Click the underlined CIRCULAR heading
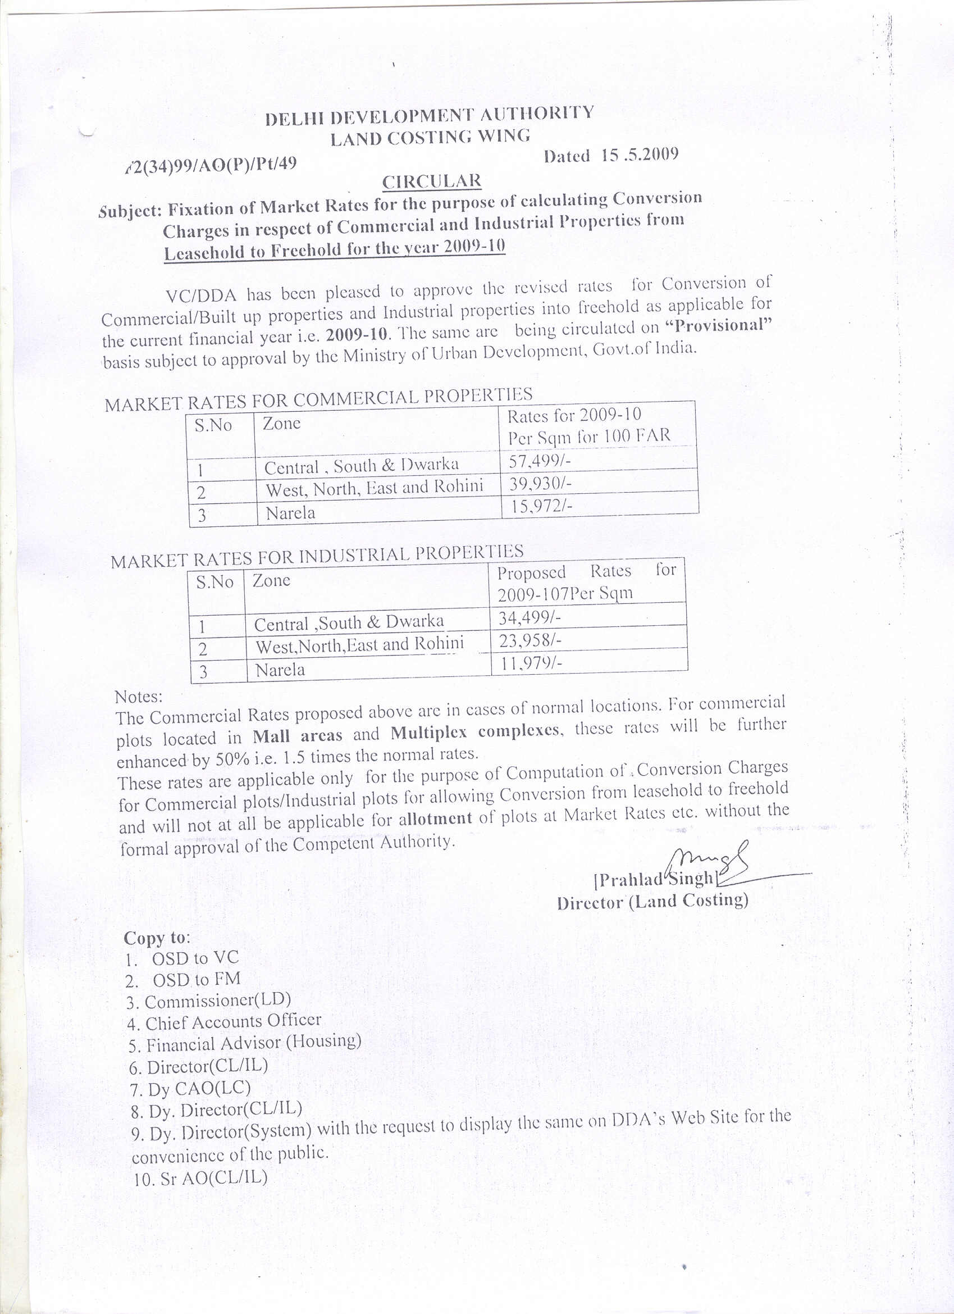pyautogui.click(x=432, y=182)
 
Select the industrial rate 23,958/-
pyautogui.click(x=530, y=641)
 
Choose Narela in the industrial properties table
pyautogui.click(x=280, y=670)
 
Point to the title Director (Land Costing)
pyautogui.click(x=652, y=901)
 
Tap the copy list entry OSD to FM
pyautogui.click(x=196, y=980)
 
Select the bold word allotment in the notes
pyautogui.click(x=435, y=819)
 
